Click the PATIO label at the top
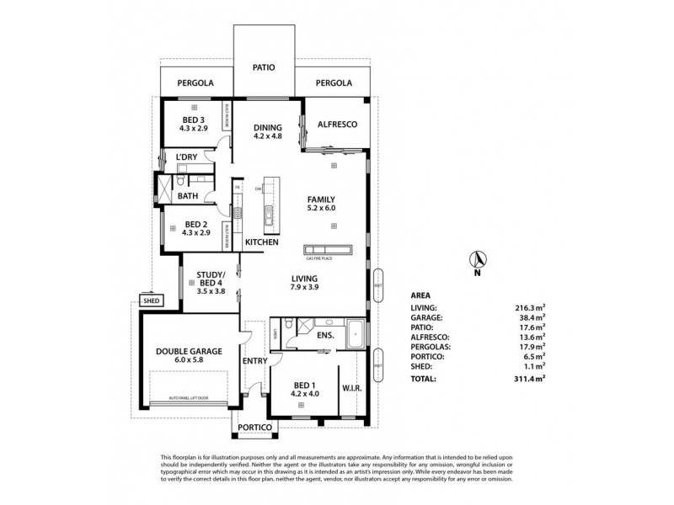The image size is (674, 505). pos(264,67)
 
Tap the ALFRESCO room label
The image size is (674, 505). pos(336,124)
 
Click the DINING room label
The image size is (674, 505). pos(268,128)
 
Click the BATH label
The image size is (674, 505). pos(187,196)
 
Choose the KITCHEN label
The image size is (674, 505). pos(261,242)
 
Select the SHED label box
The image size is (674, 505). pos(151,300)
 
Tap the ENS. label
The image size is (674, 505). pos(326,335)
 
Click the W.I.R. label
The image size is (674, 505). pos(352,388)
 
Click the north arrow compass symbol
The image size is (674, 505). pos(477,259)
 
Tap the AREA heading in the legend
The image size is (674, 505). pos(421,295)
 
